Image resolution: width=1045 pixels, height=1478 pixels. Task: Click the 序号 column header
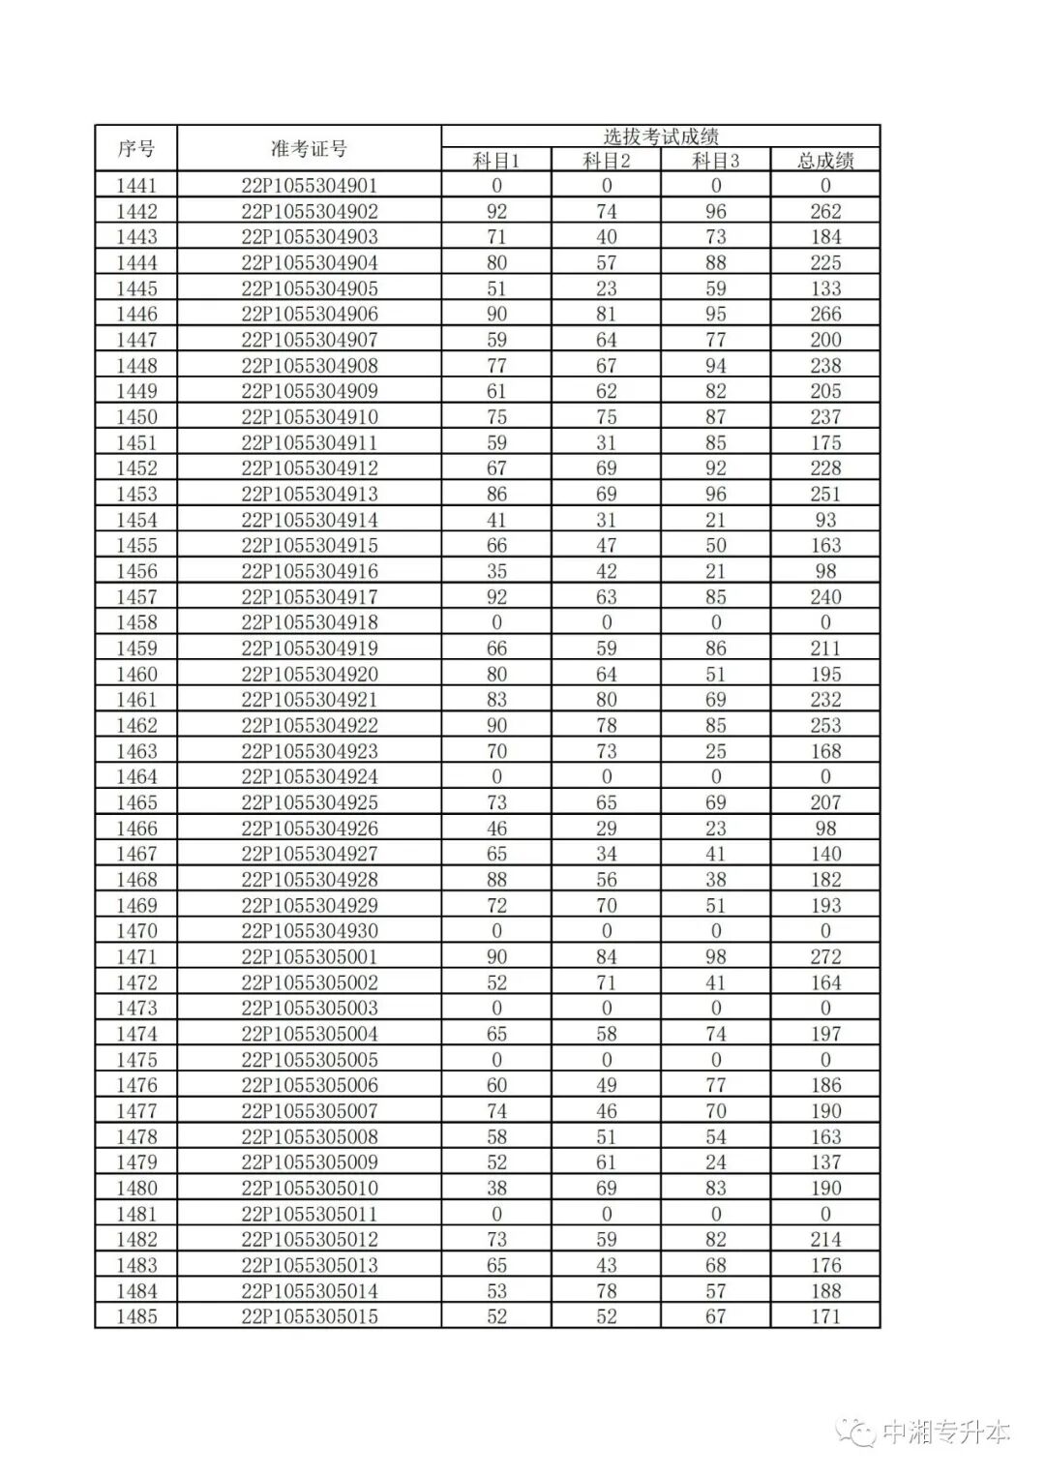click(135, 149)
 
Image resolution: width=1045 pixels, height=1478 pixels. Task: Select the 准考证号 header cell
click(309, 149)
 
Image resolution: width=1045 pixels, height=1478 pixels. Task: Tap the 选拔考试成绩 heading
click(660, 136)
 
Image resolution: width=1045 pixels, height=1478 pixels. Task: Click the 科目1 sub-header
click(496, 161)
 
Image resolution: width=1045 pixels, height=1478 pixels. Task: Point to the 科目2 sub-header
click(606, 161)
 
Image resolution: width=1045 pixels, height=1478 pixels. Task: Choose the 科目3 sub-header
click(715, 161)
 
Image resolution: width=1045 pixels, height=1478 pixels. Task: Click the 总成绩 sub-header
click(825, 161)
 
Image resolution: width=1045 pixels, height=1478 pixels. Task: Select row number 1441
click(135, 186)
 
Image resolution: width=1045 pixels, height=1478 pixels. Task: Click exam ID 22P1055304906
click(309, 314)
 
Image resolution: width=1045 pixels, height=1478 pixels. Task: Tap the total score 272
click(825, 956)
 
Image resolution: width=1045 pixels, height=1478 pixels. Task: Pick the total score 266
click(825, 314)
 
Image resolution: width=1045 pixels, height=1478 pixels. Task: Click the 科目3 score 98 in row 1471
click(715, 956)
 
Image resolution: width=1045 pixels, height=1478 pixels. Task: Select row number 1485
click(135, 1316)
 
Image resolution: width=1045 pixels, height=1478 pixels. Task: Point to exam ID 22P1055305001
click(309, 956)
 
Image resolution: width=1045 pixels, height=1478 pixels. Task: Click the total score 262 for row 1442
click(825, 211)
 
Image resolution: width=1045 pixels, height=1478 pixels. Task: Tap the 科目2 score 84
click(606, 956)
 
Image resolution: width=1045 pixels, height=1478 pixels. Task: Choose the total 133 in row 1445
click(825, 288)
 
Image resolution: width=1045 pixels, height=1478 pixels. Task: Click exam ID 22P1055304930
click(309, 931)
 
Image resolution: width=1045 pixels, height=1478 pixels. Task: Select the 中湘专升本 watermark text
click(946, 1433)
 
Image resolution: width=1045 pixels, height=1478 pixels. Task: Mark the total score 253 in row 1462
click(825, 725)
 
